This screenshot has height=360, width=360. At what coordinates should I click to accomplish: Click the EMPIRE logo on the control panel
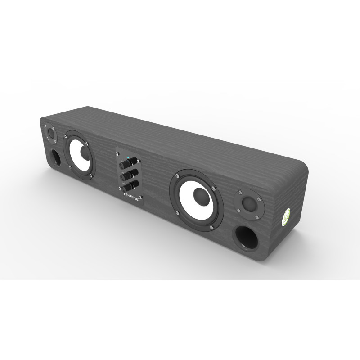pyautogui.click(x=130, y=193)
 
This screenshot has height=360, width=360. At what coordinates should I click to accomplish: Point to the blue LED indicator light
pyautogui.click(x=128, y=158)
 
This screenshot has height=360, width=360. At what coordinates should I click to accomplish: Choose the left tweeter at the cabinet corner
pyautogui.click(x=50, y=134)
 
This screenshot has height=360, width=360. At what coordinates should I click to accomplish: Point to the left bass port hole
pyautogui.click(x=56, y=157)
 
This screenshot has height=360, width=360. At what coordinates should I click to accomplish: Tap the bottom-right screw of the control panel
pyautogui.click(x=140, y=198)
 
